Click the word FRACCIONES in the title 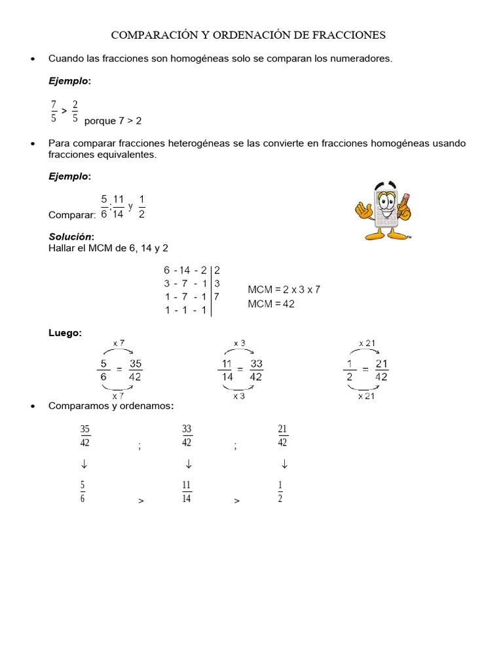[344, 34]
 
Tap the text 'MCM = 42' [271, 304]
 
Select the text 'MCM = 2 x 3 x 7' [284, 290]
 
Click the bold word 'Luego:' [65, 333]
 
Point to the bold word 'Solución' [71, 236]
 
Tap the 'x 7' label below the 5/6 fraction [118, 396]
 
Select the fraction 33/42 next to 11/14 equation [256, 370]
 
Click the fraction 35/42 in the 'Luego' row [136, 370]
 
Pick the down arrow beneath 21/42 [284, 465]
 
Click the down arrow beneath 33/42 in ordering [188, 465]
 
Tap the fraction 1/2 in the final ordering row [280, 491]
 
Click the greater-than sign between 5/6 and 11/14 [141, 501]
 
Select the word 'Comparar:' [72, 215]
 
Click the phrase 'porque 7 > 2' [113, 121]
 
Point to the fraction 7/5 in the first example [54, 111]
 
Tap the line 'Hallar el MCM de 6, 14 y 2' [109, 248]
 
